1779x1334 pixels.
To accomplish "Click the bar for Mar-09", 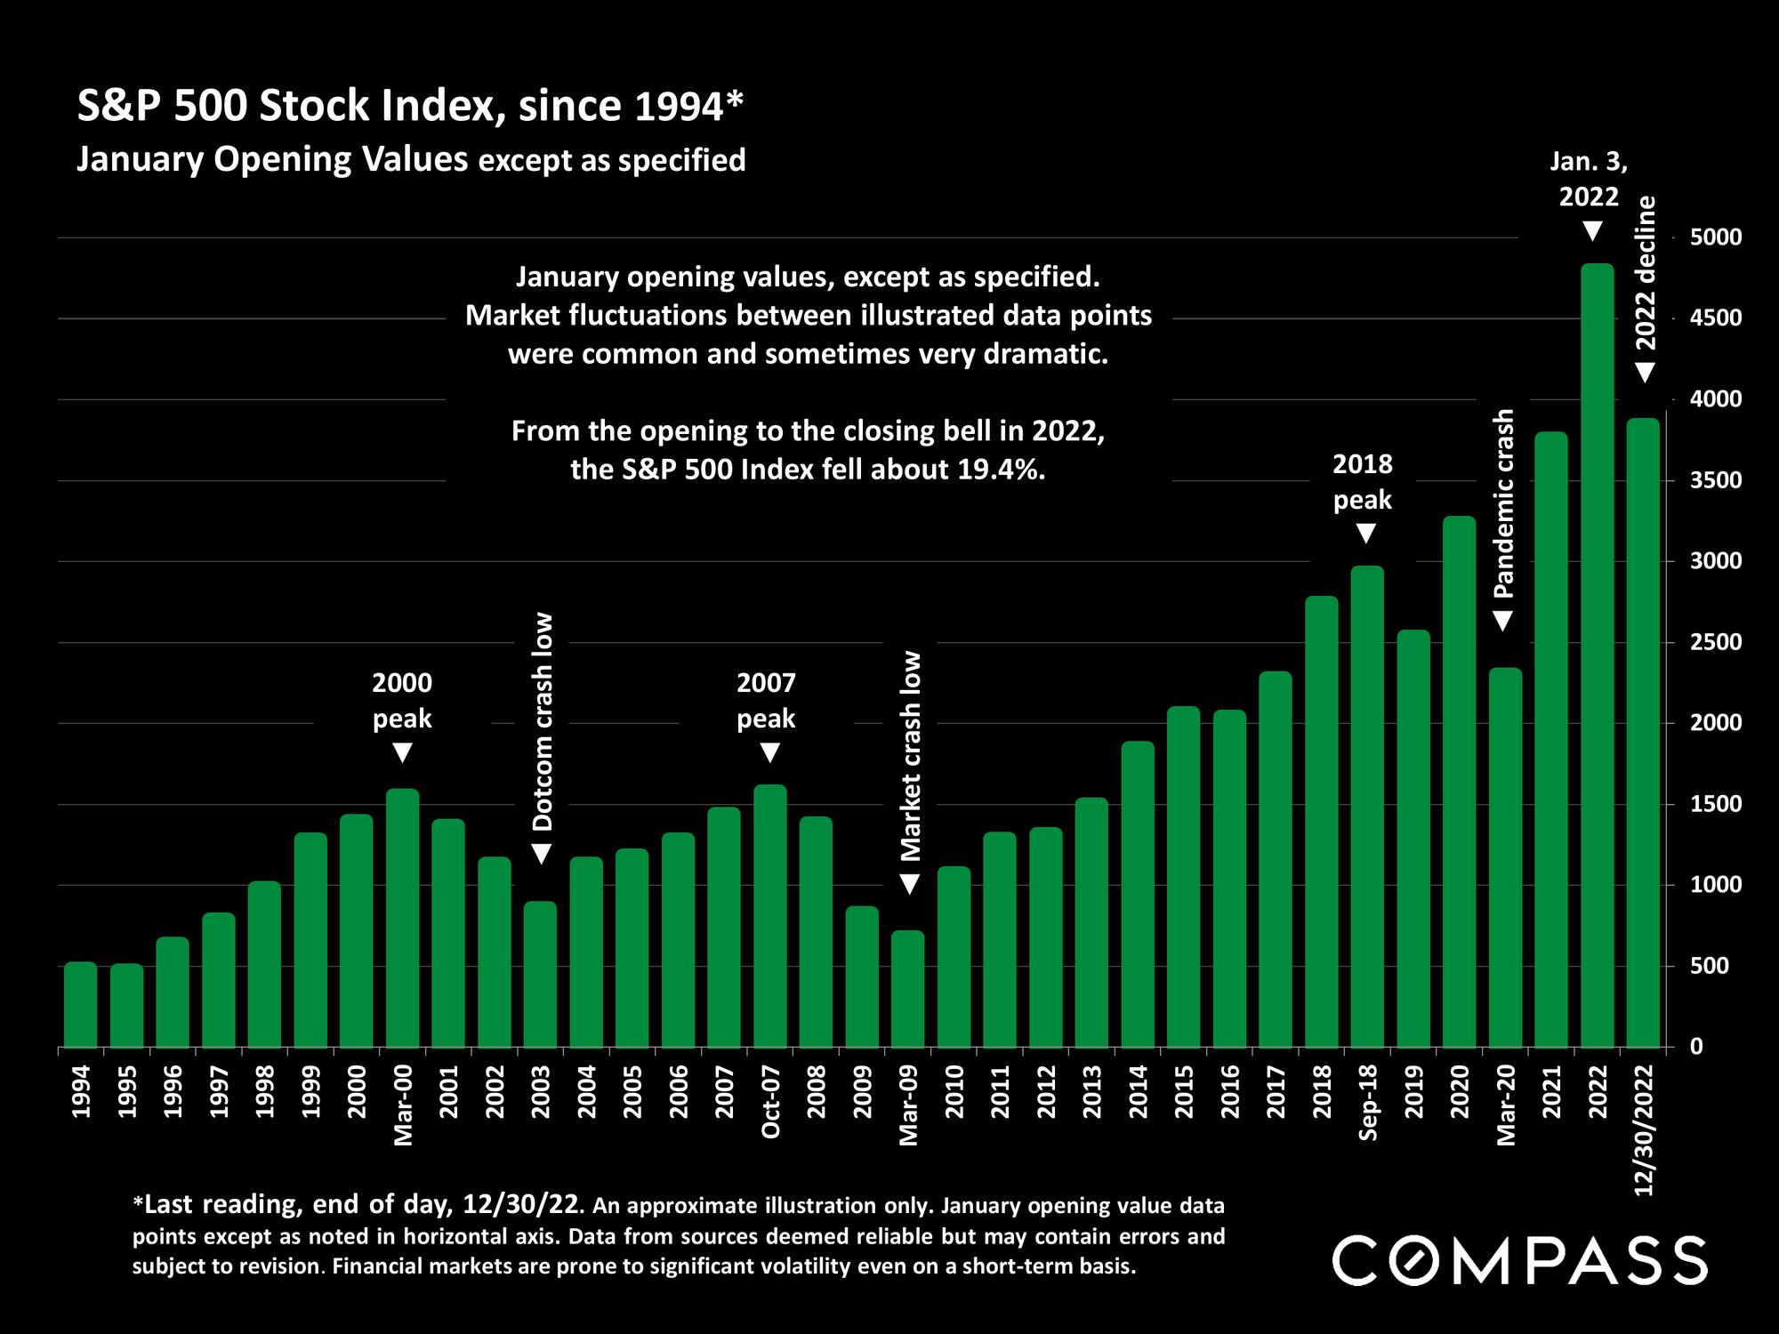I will (908, 989).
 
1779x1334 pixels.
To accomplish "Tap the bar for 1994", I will (81, 1004).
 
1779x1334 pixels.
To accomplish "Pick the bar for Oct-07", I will (770, 916).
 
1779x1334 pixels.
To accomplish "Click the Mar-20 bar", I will (1506, 857).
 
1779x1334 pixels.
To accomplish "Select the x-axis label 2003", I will (541, 1093).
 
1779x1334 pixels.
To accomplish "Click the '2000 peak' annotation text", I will (402, 700).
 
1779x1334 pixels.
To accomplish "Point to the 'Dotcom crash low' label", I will (543, 721).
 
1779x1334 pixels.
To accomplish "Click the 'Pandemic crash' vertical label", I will (1503, 503).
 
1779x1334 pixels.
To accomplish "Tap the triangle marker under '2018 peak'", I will (1366, 534).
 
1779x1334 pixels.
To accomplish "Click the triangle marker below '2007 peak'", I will (770, 753).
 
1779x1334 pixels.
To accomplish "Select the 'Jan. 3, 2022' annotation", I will (1590, 178).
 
